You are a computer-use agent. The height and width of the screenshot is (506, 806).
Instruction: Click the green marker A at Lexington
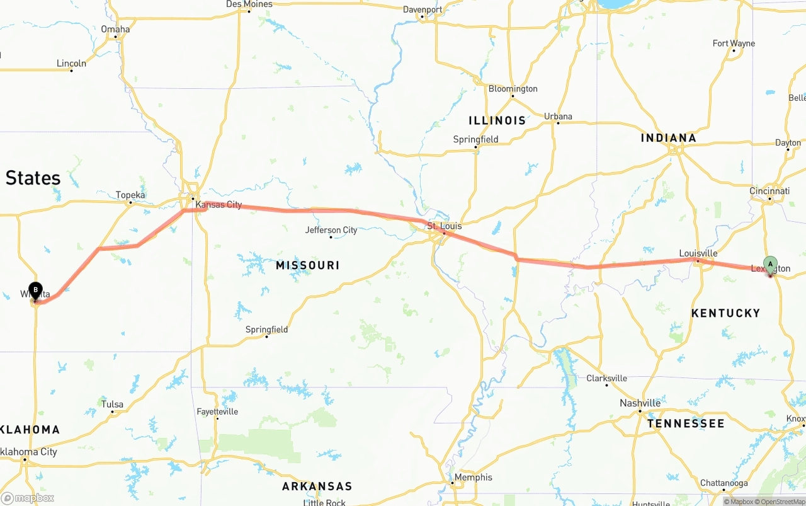(x=770, y=265)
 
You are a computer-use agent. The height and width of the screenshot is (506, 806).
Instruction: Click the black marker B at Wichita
(x=35, y=290)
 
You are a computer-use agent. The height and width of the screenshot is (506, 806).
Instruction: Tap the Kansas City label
(x=219, y=205)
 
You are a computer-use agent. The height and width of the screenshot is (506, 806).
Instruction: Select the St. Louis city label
(x=444, y=226)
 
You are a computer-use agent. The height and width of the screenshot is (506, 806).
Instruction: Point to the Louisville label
(x=698, y=253)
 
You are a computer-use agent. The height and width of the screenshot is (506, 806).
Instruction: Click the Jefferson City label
(x=331, y=230)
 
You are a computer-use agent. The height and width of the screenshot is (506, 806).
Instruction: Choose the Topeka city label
(x=130, y=195)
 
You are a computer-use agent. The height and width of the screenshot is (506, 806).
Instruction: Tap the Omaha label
(x=115, y=29)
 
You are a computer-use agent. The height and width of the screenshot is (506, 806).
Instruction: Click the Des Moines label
(x=249, y=4)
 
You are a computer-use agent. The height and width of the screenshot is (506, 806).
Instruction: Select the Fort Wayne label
(x=734, y=43)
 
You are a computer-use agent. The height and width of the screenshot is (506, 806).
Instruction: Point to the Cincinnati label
(x=769, y=191)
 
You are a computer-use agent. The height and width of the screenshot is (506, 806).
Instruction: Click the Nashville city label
(x=640, y=403)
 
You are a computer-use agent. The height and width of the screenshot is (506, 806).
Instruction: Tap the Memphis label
(x=473, y=477)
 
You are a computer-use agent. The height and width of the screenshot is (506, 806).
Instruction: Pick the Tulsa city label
(x=112, y=405)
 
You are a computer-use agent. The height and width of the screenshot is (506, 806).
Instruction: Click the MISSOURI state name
(x=307, y=265)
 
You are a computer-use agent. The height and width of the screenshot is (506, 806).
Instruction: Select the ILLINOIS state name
(x=497, y=120)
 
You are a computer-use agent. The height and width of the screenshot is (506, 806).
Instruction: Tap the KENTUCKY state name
(x=725, y=313)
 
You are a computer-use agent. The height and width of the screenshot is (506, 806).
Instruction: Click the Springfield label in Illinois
(x=475, y=139)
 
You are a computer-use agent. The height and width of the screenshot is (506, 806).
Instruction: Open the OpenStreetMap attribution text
(x=781, y=502)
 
